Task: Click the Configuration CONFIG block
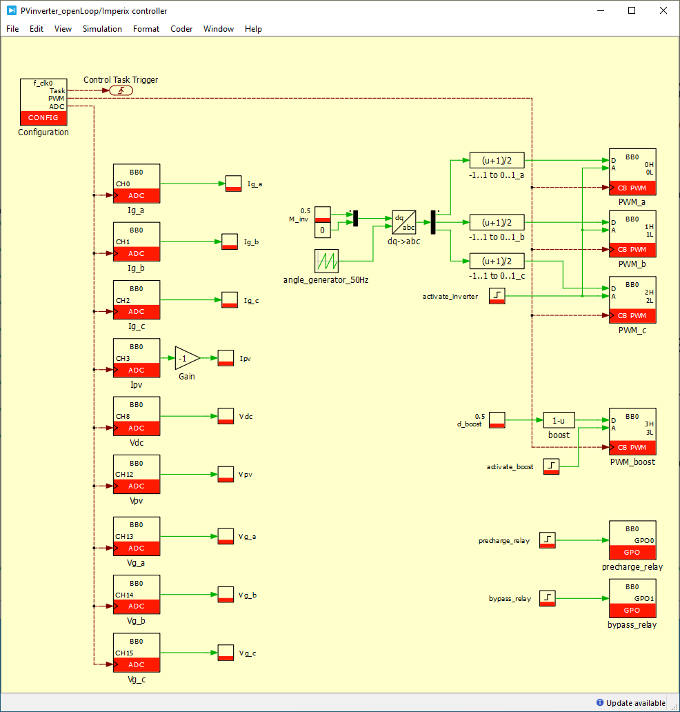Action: (43, 101)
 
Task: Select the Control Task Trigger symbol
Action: (121, 90)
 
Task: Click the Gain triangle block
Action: (186, 358)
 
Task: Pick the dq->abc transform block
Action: (404, 222)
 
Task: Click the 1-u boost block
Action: (559, 420)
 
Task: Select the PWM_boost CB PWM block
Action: (632, 430)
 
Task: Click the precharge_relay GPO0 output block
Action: (632, 540)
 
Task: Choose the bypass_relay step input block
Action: (548, 598)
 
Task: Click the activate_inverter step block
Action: (497, 296)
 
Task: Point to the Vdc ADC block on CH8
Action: (137, 417)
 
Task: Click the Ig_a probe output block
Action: (234, 184)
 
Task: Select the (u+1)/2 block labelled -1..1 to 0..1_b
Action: (497, 222)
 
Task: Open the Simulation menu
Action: (102, 29)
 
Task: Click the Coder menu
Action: (181, 29)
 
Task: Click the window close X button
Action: (663, 10)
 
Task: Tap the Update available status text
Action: (635, 703)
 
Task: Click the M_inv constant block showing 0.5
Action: (323, 215)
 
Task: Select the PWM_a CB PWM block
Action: (632, 172)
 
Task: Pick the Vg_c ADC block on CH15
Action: (137, 653)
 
